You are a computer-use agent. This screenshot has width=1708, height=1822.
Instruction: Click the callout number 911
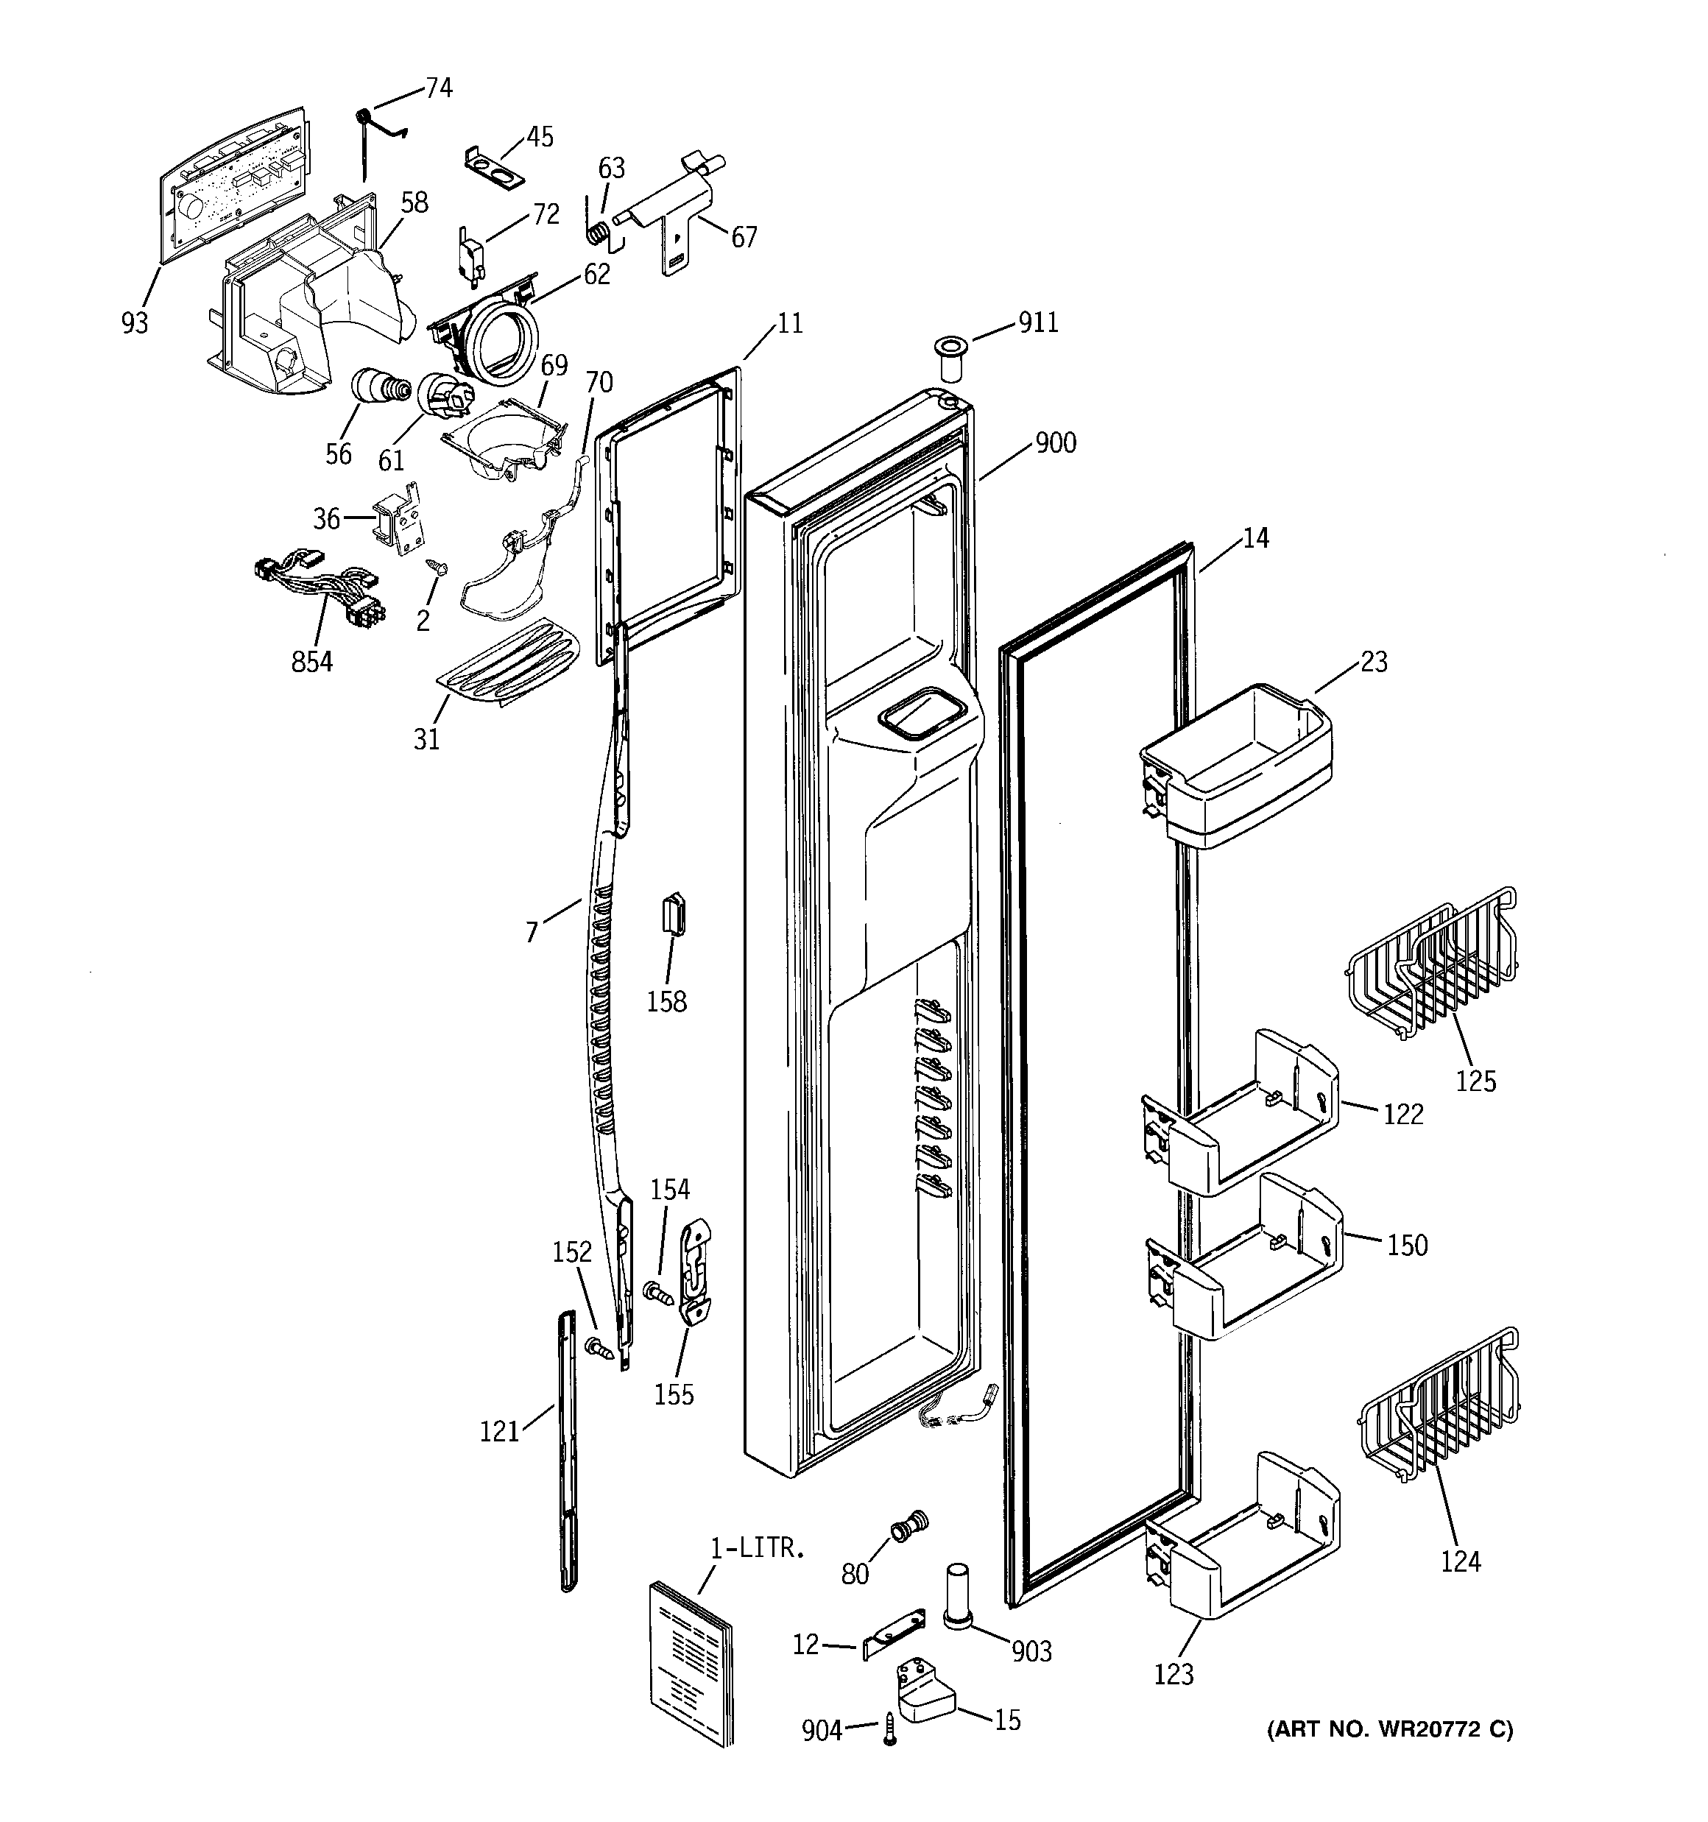[x=1038, y=322]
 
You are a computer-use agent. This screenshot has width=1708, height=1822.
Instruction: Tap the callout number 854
[x=311, y=661]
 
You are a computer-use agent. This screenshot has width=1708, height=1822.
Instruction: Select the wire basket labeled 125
[x=1430, y=965]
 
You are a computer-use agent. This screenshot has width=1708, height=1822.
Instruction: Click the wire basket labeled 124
[x=1438, y=1406]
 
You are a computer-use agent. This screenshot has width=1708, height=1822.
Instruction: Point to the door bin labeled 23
[x=1236, y=763]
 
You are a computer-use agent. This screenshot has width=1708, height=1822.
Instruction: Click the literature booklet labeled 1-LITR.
[x=691, y=1661]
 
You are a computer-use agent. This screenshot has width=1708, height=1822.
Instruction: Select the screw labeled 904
[x=889, y=1731]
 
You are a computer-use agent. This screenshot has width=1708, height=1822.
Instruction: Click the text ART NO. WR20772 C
[x=1390, y=1729]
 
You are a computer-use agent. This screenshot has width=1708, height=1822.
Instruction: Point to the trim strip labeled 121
[x=568, y=1449]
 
